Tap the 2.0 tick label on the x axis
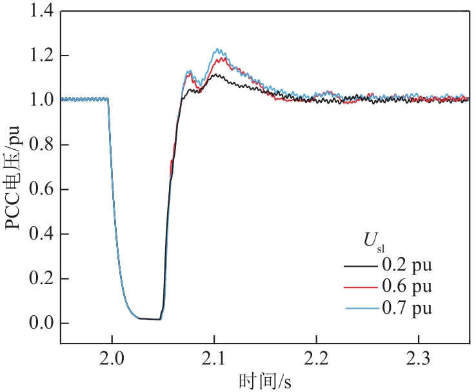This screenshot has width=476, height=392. (x=112, y=357)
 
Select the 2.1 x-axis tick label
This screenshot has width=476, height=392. (x=214, y=357)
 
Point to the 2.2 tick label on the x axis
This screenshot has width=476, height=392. (x=316, y=357)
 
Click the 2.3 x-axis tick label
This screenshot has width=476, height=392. (x=419, y=357)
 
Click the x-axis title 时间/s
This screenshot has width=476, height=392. (x=264, y=381)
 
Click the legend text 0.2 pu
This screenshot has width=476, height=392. (x=406, y=265)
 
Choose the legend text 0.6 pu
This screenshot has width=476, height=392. (x=406, y=287)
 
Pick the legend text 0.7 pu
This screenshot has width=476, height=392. (x=406, y=309)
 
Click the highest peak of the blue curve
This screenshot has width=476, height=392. (x=217, y=49)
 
